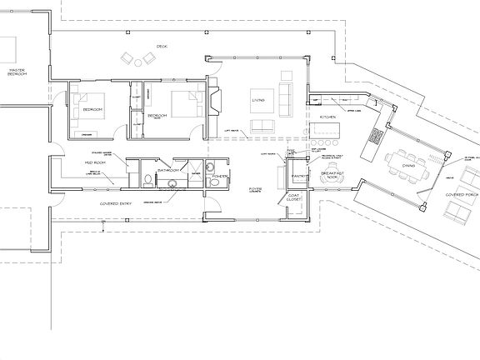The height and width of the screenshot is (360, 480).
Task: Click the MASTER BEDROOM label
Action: click(17, 72)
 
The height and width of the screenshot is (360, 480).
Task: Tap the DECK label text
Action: click(162, 47)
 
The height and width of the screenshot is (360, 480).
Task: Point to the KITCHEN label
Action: click(327, 117)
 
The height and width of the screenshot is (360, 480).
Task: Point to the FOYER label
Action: click(255, 190)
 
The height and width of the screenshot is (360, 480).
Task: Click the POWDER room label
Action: click(220, 177)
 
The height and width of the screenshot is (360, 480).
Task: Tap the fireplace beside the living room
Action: click(215, 102)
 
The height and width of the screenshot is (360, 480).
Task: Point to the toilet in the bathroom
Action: click(147, 179)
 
